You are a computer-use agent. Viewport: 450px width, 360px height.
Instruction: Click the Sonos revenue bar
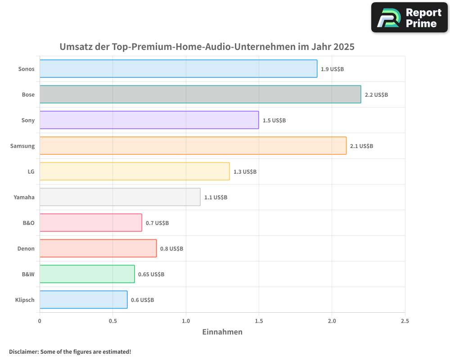point(178,69)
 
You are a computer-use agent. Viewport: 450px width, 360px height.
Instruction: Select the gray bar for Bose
point(200,94)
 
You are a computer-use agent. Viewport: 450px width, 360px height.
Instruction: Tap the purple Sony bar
point(149,120)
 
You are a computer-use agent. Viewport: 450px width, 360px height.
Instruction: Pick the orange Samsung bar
point(193,146)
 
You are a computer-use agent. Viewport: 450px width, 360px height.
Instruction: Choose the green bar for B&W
point(87,274)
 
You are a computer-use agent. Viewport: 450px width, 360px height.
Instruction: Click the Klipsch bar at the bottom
point(83,300)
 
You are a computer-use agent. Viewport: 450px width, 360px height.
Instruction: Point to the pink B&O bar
point(90,223)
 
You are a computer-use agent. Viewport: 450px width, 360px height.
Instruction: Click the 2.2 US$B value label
point(376,95)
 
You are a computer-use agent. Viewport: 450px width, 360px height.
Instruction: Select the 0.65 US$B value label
point(151,274)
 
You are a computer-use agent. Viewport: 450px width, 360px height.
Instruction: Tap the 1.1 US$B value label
point(216,198)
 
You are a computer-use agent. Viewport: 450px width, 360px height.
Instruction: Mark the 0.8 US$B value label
point(172,249)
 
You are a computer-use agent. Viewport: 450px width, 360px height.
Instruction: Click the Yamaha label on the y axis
point(24,197)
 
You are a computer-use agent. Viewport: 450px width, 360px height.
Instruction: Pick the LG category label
point(31,171)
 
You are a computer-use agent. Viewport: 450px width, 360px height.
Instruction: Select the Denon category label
point(26,248)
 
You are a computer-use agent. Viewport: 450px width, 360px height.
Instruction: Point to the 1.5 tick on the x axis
point(259,321)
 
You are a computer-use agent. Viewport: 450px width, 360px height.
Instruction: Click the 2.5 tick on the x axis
point(405,321)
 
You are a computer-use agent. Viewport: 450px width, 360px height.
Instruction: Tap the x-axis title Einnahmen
point(222,332)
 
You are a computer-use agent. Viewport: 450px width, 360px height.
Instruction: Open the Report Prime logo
point(409,18)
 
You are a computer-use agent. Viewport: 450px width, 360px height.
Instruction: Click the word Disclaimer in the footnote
point(23,351)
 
